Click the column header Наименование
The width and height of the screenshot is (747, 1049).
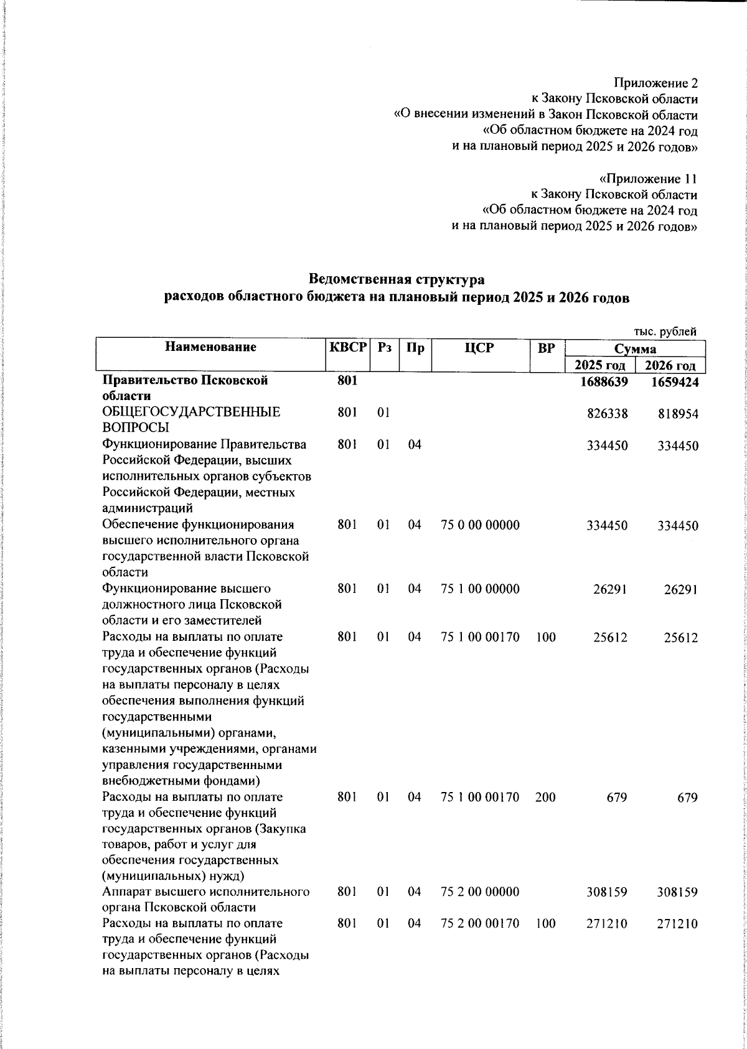(210, 347)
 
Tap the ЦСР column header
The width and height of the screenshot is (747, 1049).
(479, 348)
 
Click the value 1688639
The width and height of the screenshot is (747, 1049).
(603, 382)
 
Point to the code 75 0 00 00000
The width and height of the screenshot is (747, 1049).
(479, 526)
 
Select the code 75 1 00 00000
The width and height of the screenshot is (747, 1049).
(479, 589)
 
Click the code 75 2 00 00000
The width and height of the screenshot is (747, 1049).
(479, 892)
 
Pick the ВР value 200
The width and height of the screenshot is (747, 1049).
(545, 798)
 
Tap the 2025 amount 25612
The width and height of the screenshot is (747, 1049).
(610, 638)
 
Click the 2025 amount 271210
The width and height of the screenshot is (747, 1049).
(607, 924)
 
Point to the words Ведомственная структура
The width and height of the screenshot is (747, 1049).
(397, 279)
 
